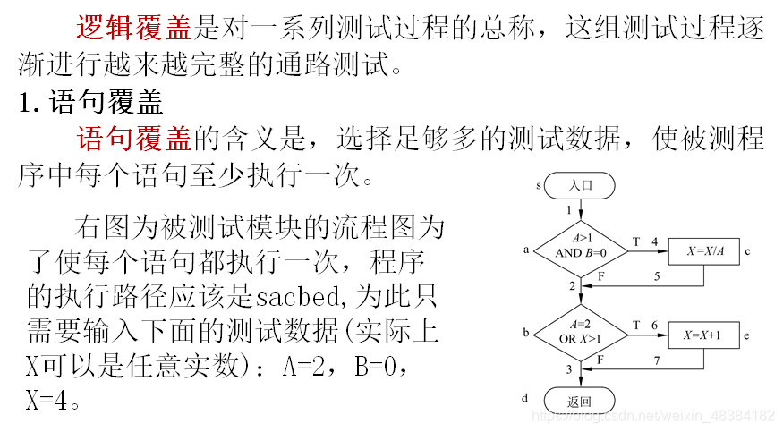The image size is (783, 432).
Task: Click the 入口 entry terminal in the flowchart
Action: point(580,186)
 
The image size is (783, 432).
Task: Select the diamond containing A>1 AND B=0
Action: point(581,246)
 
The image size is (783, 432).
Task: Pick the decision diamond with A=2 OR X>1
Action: point(581,331)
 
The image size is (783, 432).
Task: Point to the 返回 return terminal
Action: point(580,401)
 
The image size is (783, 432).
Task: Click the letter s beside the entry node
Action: point(540,186)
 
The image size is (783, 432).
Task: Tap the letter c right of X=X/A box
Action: point(746,251)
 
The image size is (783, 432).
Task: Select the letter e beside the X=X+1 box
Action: point(746,335)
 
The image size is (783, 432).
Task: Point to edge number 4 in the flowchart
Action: point(654,241)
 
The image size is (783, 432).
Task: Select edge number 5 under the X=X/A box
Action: point(656,276)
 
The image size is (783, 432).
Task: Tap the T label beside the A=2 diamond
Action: point(635,326)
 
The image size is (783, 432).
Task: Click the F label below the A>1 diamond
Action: point(600,277)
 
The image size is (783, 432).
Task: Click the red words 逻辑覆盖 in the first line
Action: point(134,28)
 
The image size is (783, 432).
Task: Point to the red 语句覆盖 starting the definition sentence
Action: point(134,139)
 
